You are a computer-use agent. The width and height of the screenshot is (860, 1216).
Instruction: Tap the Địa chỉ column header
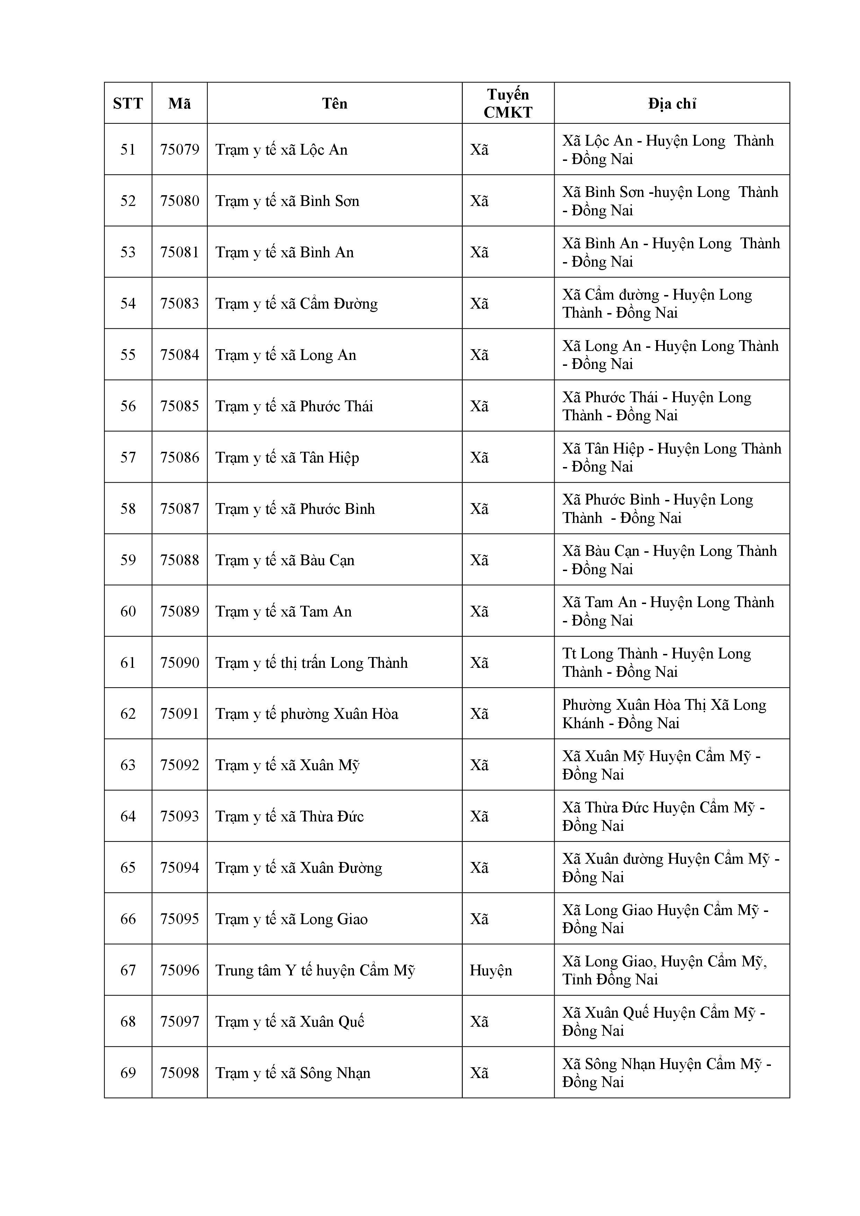click(671, 103)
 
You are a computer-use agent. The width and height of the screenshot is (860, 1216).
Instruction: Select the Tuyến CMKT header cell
click(507, 103)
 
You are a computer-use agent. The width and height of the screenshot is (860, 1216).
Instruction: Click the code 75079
click(180, 150)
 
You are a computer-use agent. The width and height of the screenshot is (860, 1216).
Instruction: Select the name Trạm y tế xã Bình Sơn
click(287, 201)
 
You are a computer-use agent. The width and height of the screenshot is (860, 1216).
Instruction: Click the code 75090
click(180, 663)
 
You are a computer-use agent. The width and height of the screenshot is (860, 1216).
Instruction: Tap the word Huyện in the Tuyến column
click(490, 970)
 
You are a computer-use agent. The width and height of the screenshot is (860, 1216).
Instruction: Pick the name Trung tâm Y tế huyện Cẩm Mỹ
click(315, 970)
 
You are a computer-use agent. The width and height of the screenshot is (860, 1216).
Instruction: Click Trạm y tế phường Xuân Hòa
click(307, 714)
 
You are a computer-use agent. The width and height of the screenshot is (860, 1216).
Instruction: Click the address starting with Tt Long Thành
click(656, 663)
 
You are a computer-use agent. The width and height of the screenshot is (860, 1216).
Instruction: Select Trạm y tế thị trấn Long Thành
click(311, 663)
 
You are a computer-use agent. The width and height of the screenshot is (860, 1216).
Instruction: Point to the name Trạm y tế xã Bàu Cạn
click(285, 560)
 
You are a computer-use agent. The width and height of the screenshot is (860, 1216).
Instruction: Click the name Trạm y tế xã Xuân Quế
click(290, 1021)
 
